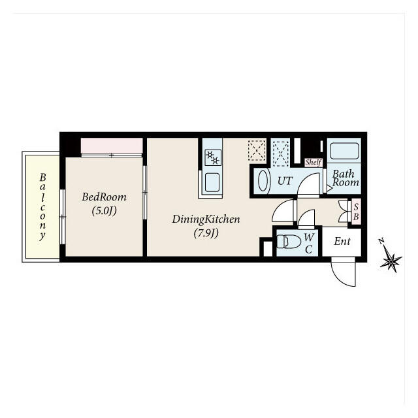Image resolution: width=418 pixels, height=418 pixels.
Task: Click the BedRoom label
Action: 104,197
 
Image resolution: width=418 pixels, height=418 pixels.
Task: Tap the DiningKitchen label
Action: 206,219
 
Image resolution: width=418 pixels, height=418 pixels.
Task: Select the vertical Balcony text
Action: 42,206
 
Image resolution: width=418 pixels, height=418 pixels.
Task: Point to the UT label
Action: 285,181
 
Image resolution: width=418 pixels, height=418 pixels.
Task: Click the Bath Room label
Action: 344,178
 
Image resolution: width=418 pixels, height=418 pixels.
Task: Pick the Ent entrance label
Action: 342,242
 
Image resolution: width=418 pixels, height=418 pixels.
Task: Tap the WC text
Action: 309,242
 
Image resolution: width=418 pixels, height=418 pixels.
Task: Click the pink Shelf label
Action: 313,163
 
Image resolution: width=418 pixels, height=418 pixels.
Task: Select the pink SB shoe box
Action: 356,211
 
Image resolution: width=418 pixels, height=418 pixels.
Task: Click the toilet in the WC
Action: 289,242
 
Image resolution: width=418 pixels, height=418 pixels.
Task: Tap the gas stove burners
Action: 212,157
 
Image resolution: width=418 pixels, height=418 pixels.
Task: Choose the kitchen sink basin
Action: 212,182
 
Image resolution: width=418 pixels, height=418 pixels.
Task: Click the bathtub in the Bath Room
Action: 344,152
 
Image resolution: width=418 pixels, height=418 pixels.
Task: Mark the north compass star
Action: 391,261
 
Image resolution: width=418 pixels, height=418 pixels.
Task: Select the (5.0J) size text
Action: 104,210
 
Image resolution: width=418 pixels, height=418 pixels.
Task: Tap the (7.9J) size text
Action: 206,233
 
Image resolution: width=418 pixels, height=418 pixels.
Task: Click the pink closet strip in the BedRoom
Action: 112,145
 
